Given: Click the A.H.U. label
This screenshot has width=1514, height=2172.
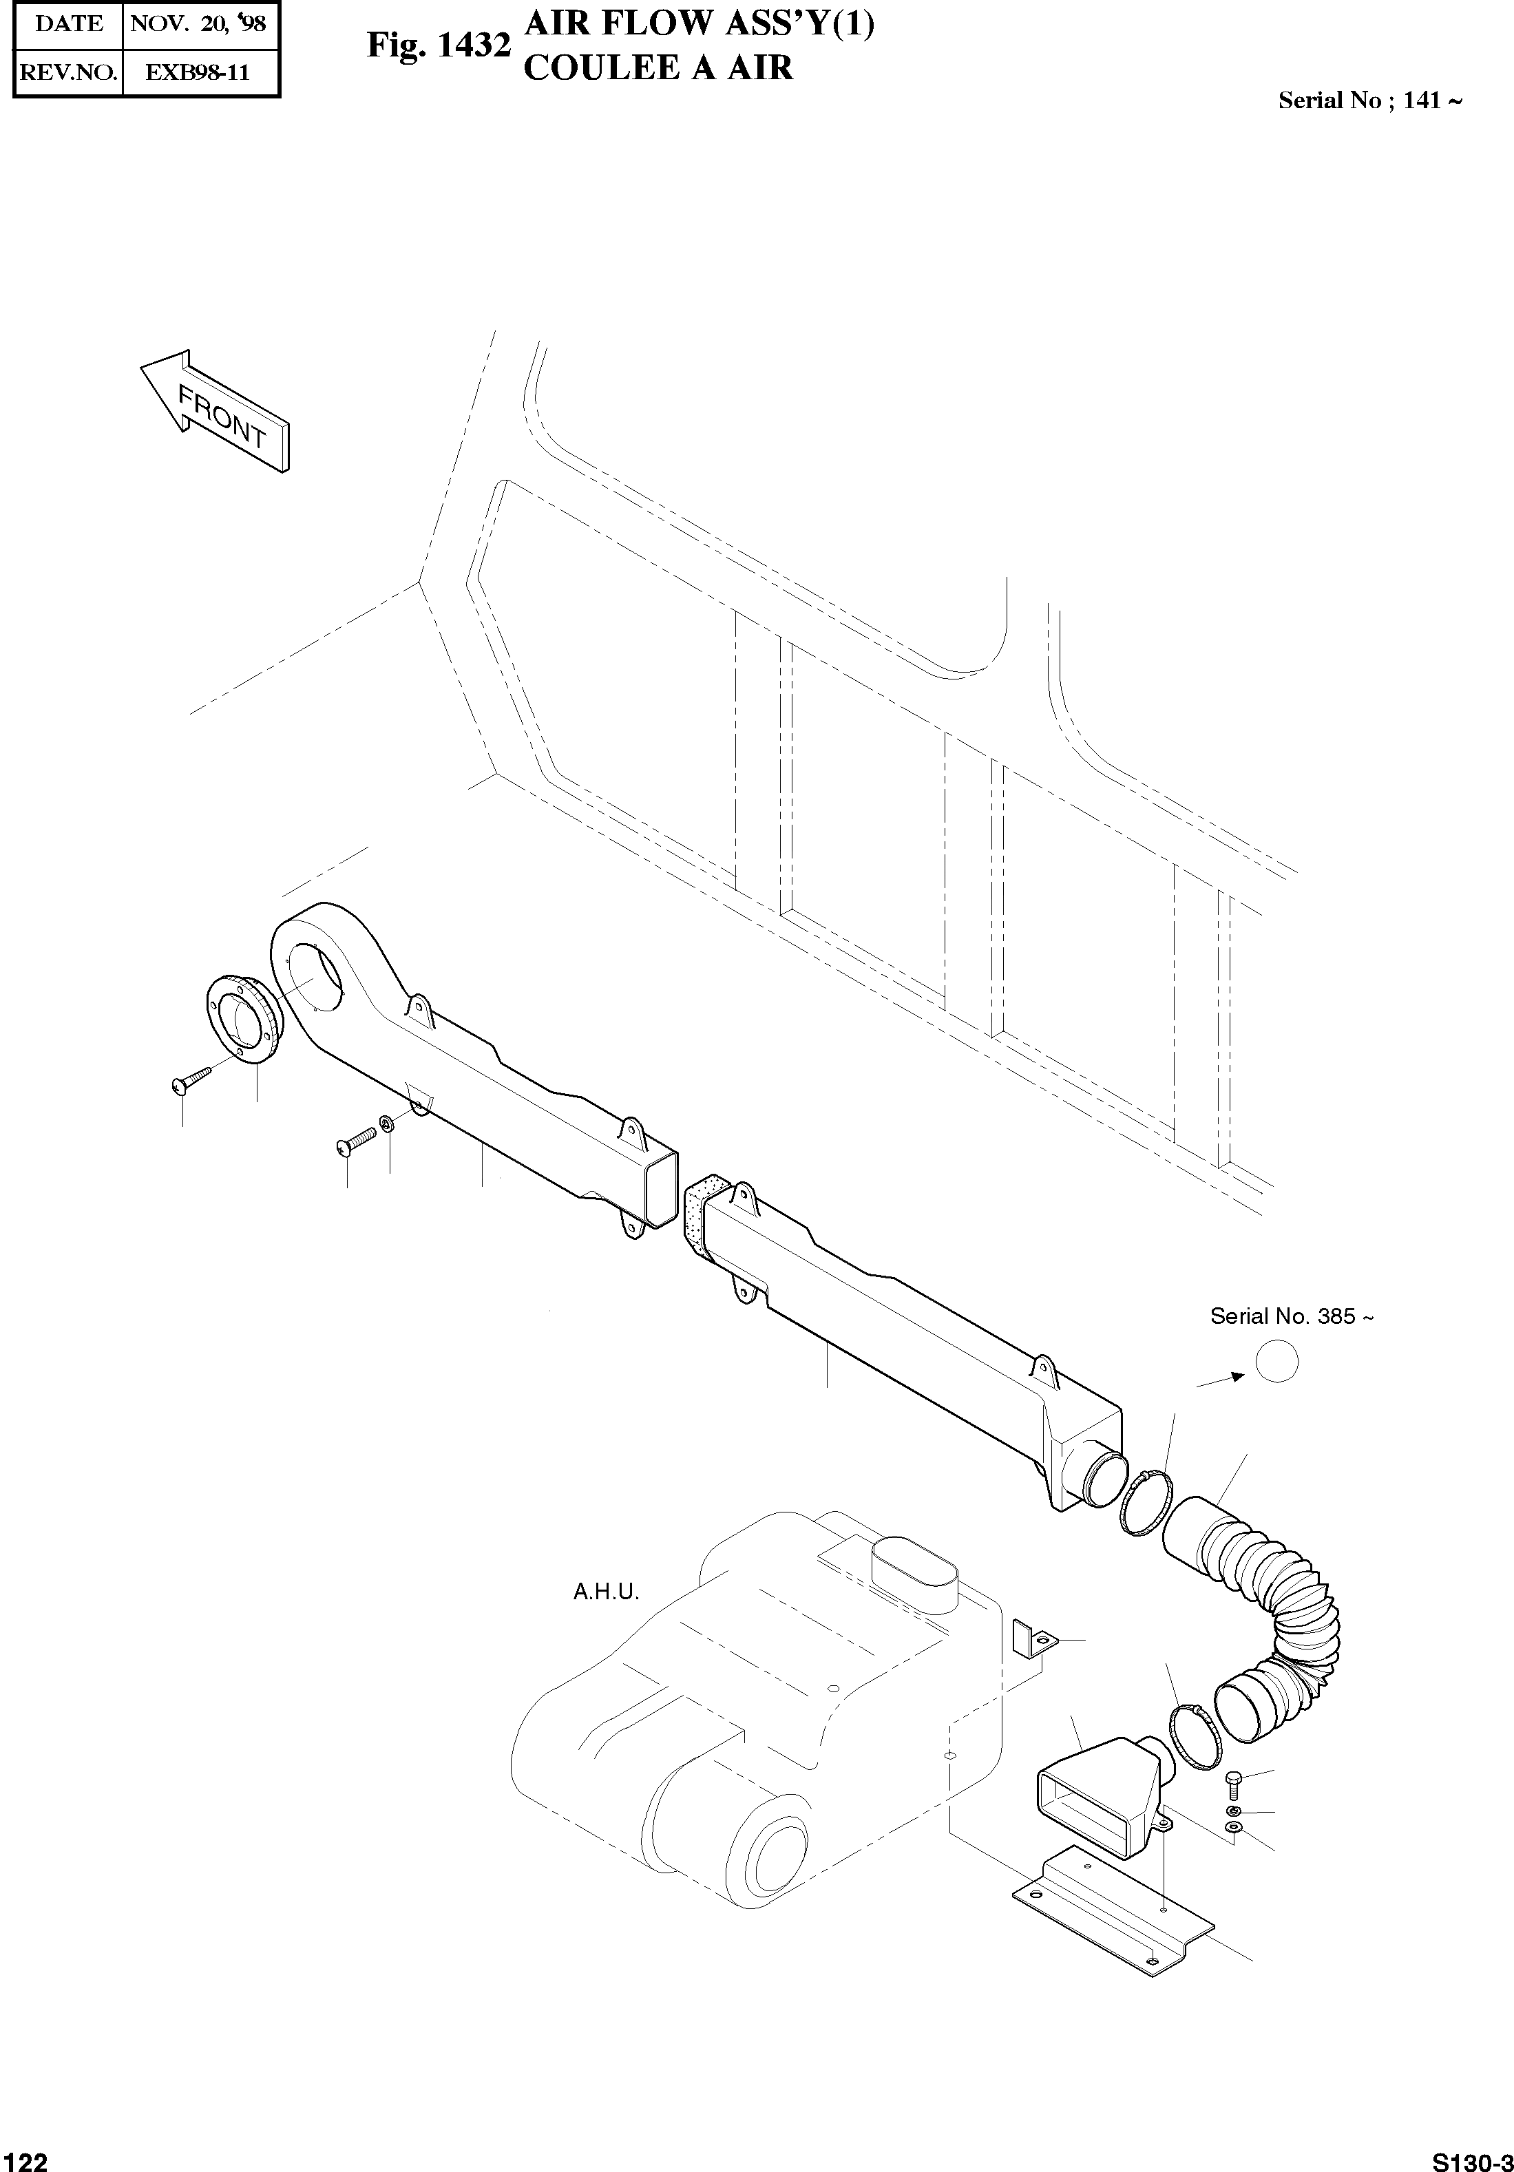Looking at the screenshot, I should tap(607, 1592).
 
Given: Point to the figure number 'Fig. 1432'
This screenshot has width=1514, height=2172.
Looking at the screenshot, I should tap(439, 45).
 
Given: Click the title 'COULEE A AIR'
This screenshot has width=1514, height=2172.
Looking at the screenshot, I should tap(658, 67).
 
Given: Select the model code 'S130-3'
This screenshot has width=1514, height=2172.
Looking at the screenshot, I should tap(1471, 2160).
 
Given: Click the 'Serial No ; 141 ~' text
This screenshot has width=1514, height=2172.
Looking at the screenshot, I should tap(1370, 101).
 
